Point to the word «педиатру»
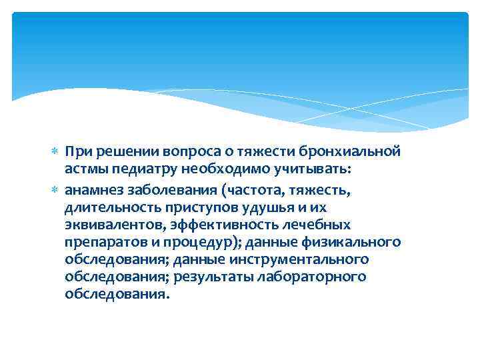[x=145, y=170]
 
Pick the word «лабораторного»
[x=325, y=276]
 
